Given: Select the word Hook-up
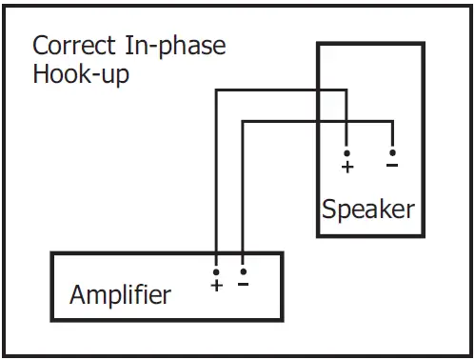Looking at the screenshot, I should coord(81,74).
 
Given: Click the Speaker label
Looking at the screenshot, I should coord(367,209).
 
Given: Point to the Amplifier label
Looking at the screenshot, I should coord(121,294).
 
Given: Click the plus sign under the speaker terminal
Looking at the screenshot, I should coord(346,167).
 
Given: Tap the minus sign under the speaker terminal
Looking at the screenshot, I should coord(391,166).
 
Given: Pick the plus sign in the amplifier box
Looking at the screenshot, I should coord(217,284).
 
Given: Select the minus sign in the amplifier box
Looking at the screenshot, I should coord(244,284).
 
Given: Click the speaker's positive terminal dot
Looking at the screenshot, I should coord(346,152).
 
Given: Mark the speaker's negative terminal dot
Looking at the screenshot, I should coord(391,152).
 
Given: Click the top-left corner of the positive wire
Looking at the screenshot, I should coord(217,90).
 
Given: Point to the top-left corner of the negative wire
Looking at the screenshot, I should coord(244,120).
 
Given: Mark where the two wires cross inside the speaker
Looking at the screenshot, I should coord(346,120).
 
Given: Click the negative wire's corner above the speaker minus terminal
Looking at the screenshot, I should coord(391,120).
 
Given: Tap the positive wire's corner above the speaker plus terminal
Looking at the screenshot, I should coord(346,90).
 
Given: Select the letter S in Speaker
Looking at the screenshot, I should coord(328,209).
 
